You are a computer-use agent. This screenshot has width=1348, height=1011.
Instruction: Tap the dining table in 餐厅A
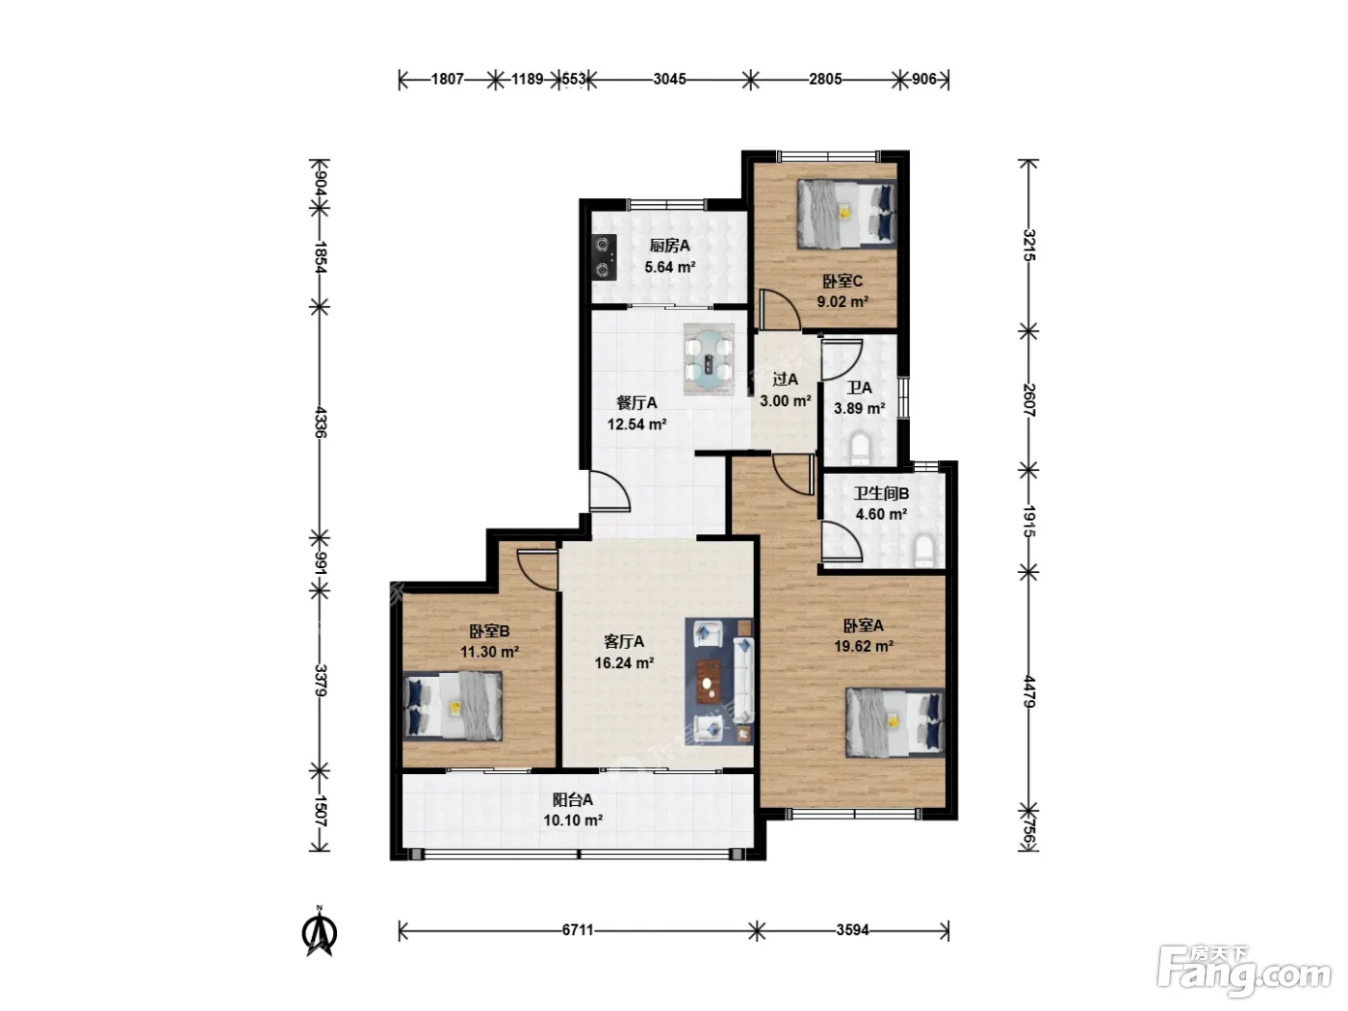[710, 360]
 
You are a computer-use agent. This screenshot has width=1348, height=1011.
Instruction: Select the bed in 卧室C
[846, 214]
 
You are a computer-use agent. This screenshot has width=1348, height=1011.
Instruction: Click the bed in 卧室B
[453, 706]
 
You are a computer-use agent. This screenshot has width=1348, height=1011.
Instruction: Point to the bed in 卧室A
[894, 722]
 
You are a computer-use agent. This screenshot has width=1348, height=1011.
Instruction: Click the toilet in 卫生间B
[924, 550]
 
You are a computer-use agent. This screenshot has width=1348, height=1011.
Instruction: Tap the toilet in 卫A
[862, 448]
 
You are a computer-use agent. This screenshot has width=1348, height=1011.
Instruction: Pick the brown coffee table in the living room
[711, 682]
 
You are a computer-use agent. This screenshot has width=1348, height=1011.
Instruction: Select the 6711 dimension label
[578, 930]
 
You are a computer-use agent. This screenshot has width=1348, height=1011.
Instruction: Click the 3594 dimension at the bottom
[852, 930]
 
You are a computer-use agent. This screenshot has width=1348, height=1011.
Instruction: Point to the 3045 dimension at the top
[669, 79]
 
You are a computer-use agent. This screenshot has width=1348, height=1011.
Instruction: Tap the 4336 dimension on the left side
[320, 422]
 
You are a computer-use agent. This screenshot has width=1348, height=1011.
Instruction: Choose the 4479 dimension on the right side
[1029, 691]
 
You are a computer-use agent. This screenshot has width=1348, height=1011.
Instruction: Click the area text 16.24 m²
[624, 663]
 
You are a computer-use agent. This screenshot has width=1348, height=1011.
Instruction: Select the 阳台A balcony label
[573, 800]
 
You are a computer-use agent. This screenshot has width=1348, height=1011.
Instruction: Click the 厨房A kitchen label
[669, 246]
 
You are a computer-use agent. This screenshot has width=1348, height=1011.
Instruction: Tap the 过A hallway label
[785, 379]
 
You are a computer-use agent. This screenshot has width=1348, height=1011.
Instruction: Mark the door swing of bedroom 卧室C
[780, 310]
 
